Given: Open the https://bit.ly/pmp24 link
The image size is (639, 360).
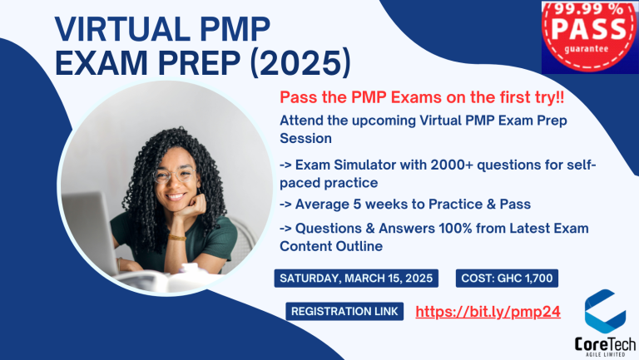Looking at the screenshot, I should (x=487, y=312).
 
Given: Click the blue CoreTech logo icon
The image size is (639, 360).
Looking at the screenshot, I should (x=605, y=310).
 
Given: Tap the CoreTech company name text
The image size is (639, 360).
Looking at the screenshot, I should (x=604, y=341).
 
